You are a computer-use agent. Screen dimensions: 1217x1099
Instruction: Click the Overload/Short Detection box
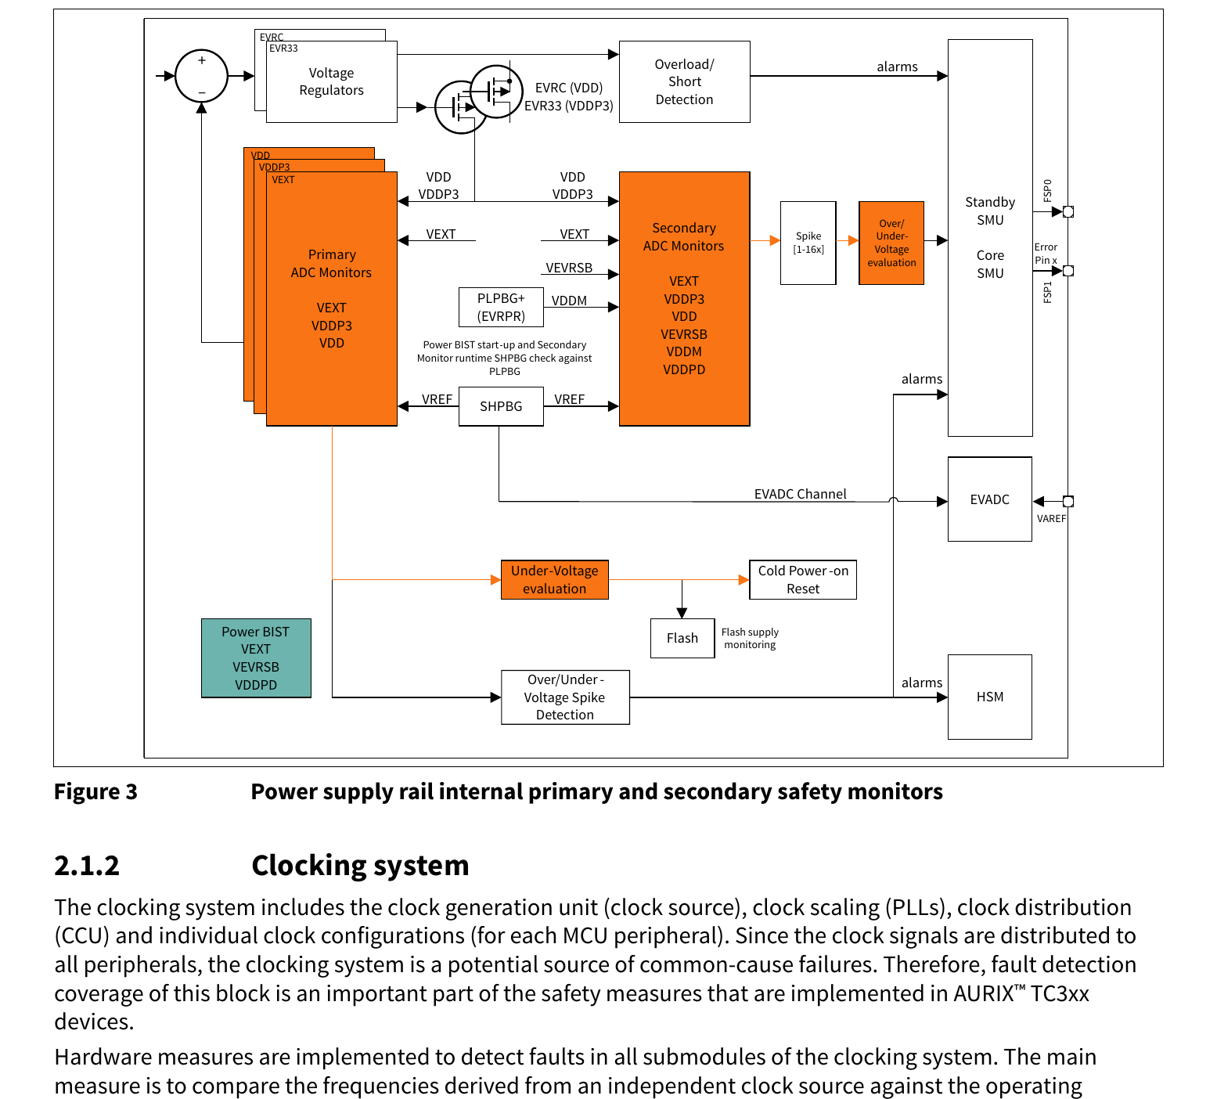pyautogui.click(x=684, y=81)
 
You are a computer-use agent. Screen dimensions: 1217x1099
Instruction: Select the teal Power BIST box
pyautogui.click(x=256, y=658)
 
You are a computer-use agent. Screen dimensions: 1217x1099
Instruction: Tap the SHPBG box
pyautogui.click(x=501, y=406)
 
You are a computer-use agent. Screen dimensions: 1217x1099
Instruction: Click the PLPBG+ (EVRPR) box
pyautogui.click(x=501, y=307)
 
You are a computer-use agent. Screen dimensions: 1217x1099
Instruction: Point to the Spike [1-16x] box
pyautogui.click(x=808, y=243)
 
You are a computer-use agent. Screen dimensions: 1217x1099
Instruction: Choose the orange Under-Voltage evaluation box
pyautogui.click(x=555, y=580)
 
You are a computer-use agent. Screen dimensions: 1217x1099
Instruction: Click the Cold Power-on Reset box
pyautogui.click(x=803, y=580)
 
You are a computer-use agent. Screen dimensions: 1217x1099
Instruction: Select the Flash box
pyautogui.click(x=682, y=638)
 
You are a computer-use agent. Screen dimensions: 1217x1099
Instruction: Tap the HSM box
pyautogui.click(x=990, y=697)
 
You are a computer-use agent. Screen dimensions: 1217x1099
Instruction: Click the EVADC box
pyautogui.click(x=990, y=499)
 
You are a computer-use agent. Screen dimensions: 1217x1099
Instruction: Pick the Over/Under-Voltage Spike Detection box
pyautogui.click(x=565, y=697)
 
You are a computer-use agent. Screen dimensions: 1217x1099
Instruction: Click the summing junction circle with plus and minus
pyautogui.click(x=201, y=76)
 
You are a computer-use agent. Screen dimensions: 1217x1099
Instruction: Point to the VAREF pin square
pyautogui.click(x=1068, y=501)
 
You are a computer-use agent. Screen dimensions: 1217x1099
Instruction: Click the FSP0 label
pyautogui.click(x=1047, y=189)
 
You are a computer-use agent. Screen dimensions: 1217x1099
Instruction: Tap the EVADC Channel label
pyautogui.click(x=800, y=494)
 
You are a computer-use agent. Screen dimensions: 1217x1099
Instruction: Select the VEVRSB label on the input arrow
pyautogui.click(x=569, y=268)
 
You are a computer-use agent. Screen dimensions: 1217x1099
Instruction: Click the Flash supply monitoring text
pyautogui.click(x=750, y=638)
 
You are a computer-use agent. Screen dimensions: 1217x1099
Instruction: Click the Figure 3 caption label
pyautogui.click(x=95, y=792)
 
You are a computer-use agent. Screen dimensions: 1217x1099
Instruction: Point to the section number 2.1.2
pyautogui.click(x=87, y=866)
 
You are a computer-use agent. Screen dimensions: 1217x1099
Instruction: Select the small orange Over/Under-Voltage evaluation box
pyautogui.click(x=891, y=243)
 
